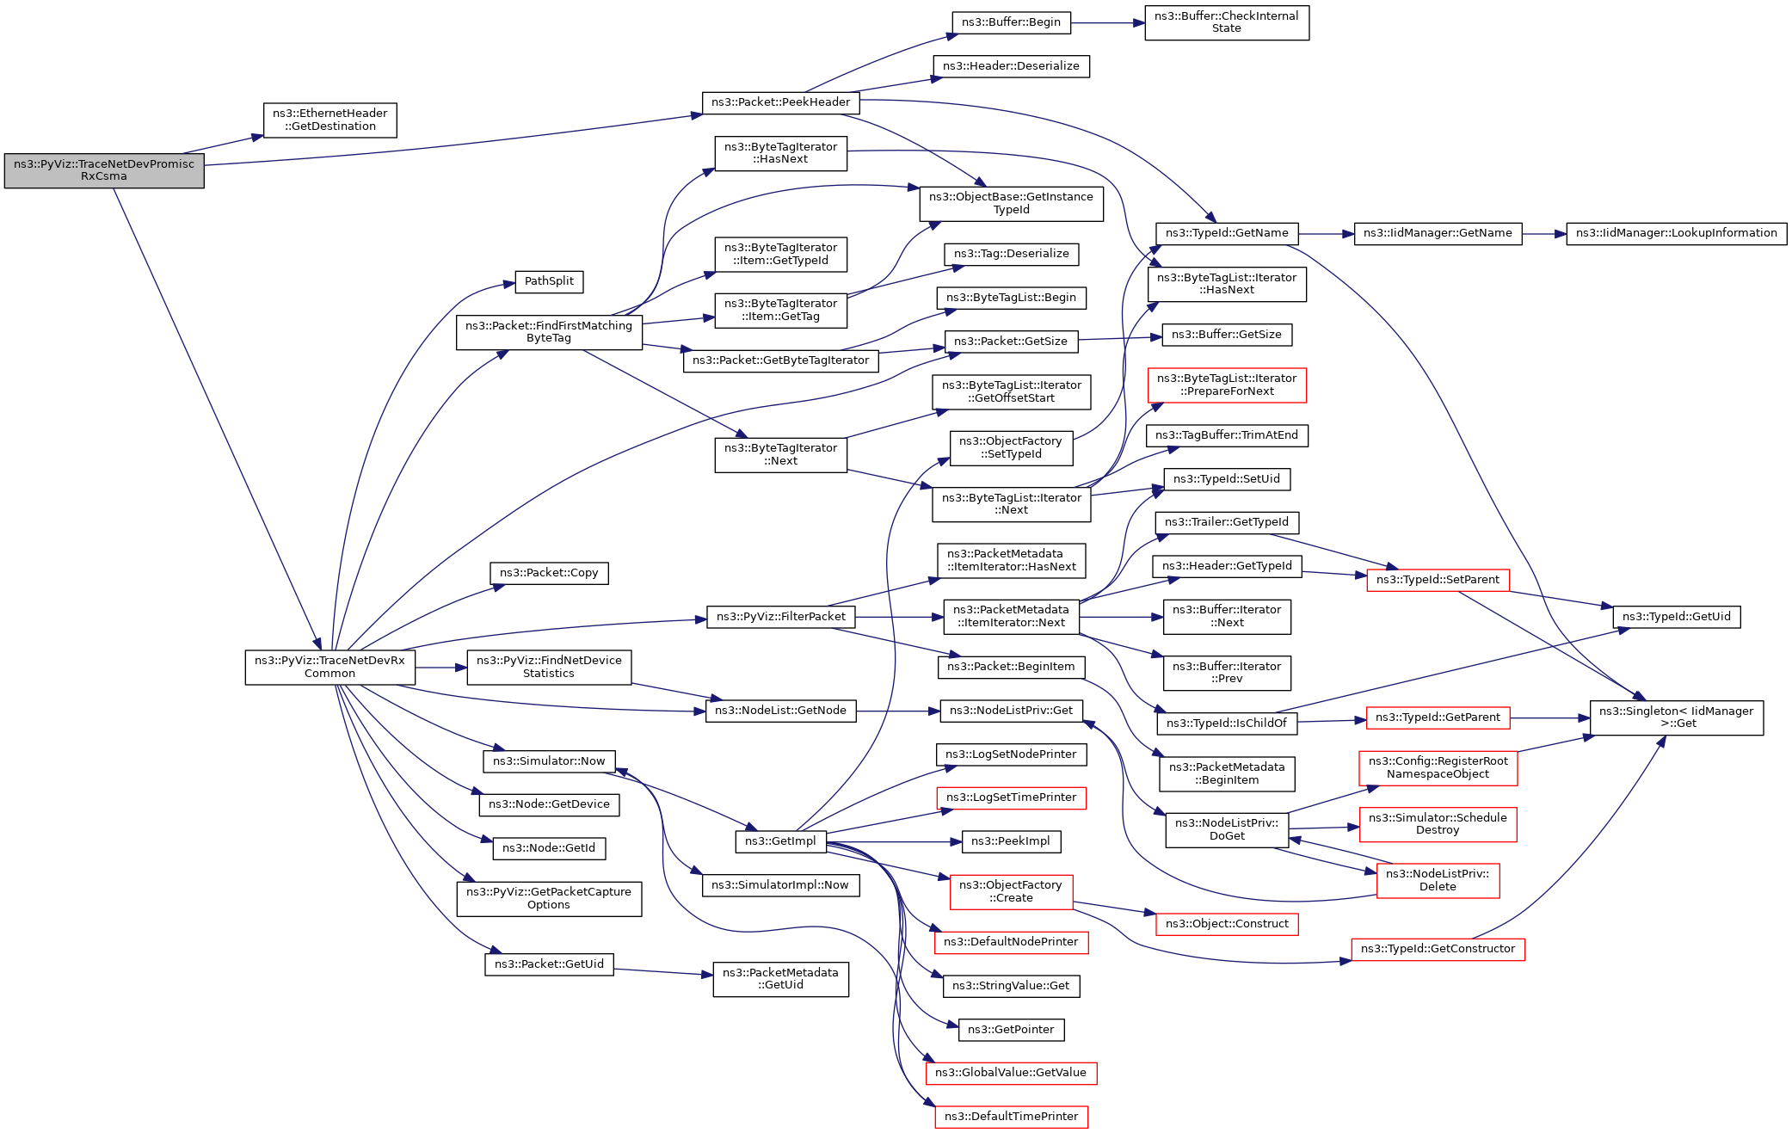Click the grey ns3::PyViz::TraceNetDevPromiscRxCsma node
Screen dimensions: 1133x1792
coord(104,170)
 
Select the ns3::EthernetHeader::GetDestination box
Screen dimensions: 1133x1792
coord(329,120)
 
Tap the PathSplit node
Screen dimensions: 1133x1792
coord(549,281)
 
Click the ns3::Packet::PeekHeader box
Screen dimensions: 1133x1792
coord(780,102)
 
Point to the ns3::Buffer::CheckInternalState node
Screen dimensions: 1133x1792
coord(1226,22)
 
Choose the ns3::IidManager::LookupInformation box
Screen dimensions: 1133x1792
coord(1676,233)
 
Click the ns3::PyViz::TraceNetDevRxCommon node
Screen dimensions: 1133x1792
coord(329,667)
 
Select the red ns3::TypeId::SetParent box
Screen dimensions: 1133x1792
coord(1437,580)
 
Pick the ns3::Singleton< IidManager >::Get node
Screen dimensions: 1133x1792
coord(1676,717)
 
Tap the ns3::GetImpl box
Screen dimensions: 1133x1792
coord(780,841)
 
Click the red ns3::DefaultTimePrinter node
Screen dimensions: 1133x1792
coord(1011,1117)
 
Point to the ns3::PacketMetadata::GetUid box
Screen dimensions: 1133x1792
coord(780,979)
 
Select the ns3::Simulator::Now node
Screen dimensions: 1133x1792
coord(549,761)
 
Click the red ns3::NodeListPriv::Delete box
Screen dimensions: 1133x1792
coord(1438,880)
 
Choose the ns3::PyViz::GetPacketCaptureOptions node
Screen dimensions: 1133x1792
coord(549,898)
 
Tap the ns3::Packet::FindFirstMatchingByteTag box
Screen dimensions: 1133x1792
coord(549,332)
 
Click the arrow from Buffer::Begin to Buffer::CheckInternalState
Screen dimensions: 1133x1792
coord(1107,23)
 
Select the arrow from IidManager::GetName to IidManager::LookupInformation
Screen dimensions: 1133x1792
coord(1543,234)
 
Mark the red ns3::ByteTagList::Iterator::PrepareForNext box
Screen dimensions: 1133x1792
coord(1226,385)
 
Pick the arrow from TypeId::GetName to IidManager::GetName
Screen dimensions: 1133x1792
coord(1326,234)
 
